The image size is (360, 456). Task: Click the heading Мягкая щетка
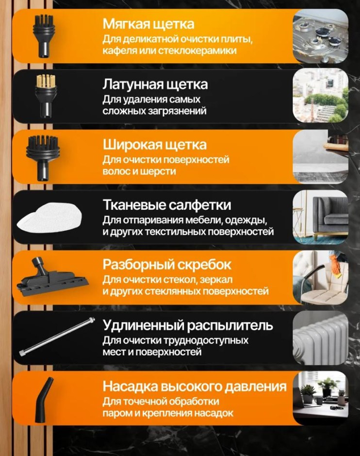[x=148, y=24]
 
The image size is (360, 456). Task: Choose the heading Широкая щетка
[x=154, y=145]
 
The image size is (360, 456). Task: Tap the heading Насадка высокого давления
[x=195, y=387]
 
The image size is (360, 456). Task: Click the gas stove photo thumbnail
[x=320, y=36]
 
